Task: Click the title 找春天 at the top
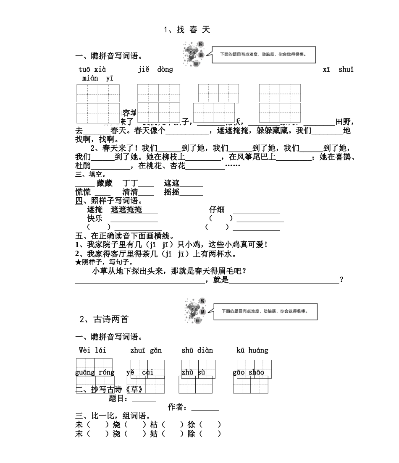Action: point(187,30)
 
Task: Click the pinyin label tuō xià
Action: point(92,70)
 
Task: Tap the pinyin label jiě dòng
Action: point(155,70)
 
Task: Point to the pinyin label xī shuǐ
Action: point(338,70)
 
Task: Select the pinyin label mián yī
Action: point(97,78)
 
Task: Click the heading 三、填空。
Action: point(90,175)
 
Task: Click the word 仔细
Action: point(217,209)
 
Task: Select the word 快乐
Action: point(94,218)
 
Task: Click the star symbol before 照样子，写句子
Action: point(78,262)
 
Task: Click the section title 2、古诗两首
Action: point(104,319)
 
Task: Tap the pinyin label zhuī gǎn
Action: point(146,350)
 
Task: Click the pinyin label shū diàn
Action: point(197,350)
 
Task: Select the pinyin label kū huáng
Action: point(252,350)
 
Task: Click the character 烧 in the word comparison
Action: point(116,425)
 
